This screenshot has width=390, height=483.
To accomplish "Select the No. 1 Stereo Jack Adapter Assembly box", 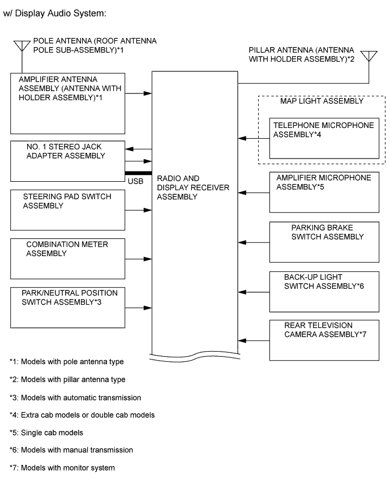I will pyautogui.click(x=67, y=161).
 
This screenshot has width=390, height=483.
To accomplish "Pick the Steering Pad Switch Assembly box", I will pyautogui.click(x=67, y=210).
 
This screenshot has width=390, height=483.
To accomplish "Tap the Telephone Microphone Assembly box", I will pyautogui.click(x=324, y=139).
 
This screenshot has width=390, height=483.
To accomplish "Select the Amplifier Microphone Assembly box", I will pyautogui.click(x=324, y=192).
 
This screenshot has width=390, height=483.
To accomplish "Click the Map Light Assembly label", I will pyautogui.click(x=322, y=101).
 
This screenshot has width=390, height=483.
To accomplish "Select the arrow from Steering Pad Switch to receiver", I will pyautogui.click(x=138, y=210).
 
